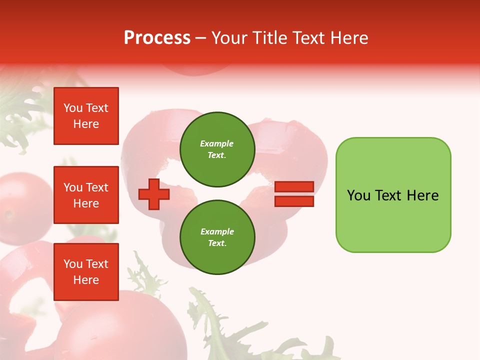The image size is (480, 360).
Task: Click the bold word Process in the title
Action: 157,38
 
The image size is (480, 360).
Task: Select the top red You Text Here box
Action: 86,116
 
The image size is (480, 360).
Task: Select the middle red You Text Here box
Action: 86,195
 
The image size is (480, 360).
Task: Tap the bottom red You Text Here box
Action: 86,271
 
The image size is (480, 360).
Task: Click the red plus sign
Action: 154,194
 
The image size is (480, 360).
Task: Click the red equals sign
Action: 294,194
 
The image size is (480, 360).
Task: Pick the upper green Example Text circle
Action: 217,149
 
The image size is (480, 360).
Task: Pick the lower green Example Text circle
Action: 217,237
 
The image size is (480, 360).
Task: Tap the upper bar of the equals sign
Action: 294,186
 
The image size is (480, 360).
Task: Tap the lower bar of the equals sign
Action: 294,201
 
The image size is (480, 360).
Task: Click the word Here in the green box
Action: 422,195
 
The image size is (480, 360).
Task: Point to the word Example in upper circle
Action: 217,143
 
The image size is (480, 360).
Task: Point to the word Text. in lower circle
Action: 217,243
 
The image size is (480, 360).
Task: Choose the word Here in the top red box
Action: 86,124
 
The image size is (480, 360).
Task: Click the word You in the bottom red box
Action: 73,264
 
